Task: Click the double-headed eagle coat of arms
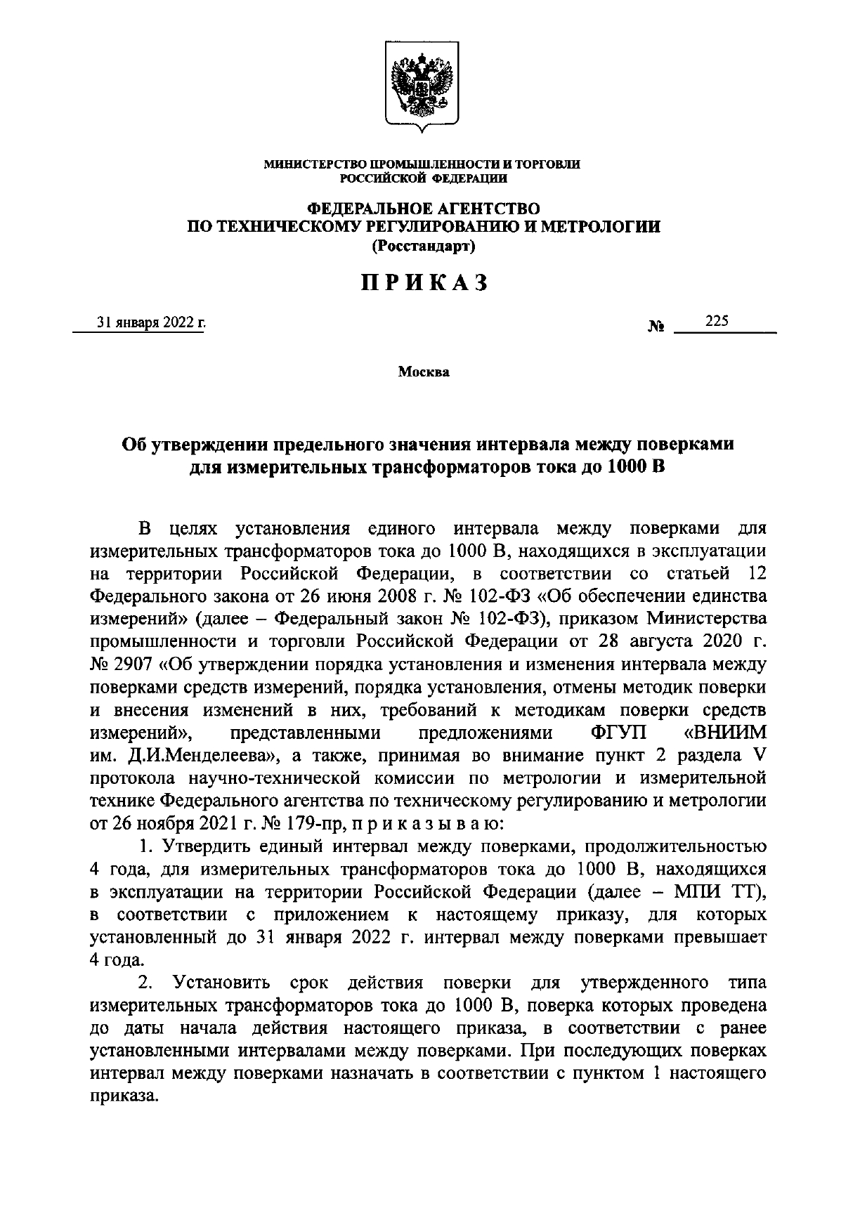pos(422,86)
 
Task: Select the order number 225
pos(717,321)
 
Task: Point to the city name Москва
pos(424,372)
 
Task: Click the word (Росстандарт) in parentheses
pos(424,247)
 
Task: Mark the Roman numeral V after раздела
pos(757,755)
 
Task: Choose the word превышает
pos(722,938)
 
